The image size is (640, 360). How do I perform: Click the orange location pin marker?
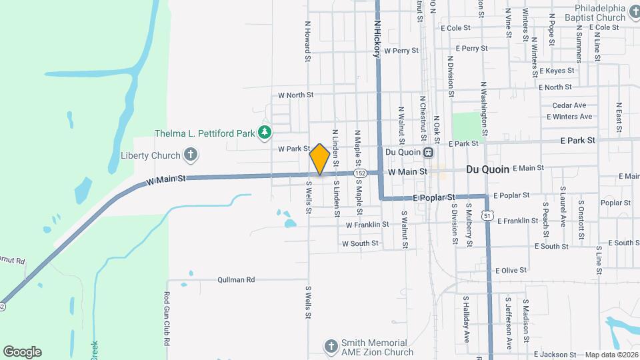(x=319, y=159)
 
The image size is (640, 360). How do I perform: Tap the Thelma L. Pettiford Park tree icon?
(x=265, y=133)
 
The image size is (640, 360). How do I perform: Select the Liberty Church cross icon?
(x=191, y=155)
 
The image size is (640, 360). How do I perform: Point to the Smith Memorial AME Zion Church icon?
(x=331, y=346)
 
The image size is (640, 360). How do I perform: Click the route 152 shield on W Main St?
(x=360, y=173)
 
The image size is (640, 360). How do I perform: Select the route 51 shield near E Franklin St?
(x=489, y=216)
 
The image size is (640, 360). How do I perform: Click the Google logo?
(x=22, y=351)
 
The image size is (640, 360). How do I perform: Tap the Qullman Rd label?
(x=236, y=280)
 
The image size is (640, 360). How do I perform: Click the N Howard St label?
(x=308, y=41)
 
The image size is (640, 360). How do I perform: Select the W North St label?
(x=295, y=95)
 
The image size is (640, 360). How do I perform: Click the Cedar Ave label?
(x=569, y=105)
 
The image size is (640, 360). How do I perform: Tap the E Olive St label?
(x=511, y=270)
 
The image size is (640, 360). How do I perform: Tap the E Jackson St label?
(x=555, y=355)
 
